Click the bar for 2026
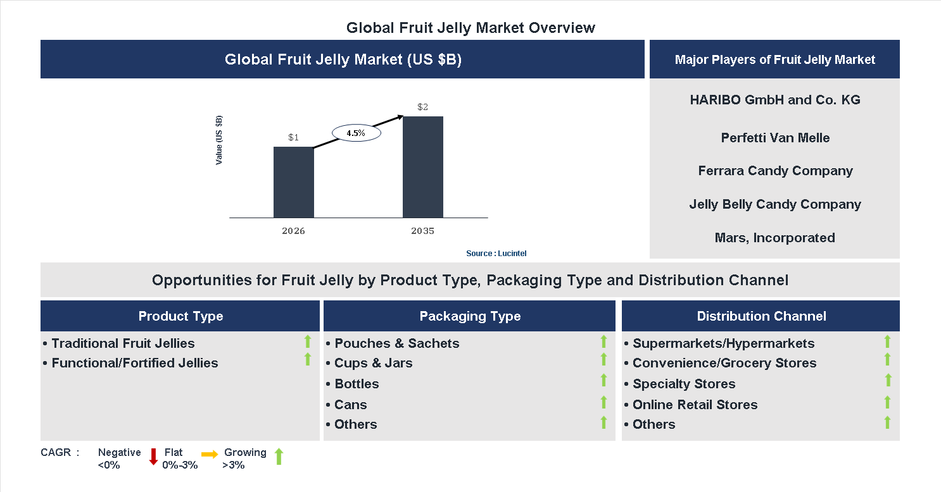[x=293, y=182]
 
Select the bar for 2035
[x=422, y=167]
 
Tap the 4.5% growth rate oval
[x=357, y=133]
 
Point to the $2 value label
[x=422, y=107]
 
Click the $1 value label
[x=293, y=137]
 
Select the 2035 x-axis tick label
[x=422, y=231]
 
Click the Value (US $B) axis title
[x=219, y=140]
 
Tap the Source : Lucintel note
[x=496, y=253]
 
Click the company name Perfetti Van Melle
[x=774, y=138]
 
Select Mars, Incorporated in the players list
[x=774, y=238]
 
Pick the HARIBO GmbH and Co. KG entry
[x=774, y=100]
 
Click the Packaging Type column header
[x=469, y=316]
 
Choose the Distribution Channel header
[x=761, y=316]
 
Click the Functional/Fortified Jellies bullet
[x=134, y=363]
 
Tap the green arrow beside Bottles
[x=603, y=380]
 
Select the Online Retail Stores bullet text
[x=694, y=405]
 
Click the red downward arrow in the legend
[x=153, y=457]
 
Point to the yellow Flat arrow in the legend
[x=210, y=454]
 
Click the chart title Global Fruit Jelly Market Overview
[x=470, y=28]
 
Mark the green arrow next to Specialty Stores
[x=888, y=380]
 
